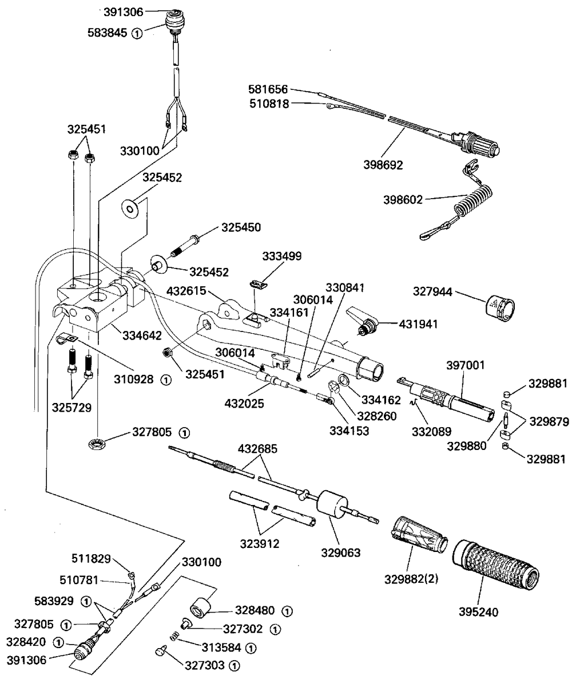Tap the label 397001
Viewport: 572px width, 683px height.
point(461,364)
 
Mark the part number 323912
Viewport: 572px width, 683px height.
point(260,543)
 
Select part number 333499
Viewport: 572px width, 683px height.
point(282,255)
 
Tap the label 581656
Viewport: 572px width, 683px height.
point(269,89)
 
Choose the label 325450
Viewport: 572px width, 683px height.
point(241,228)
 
